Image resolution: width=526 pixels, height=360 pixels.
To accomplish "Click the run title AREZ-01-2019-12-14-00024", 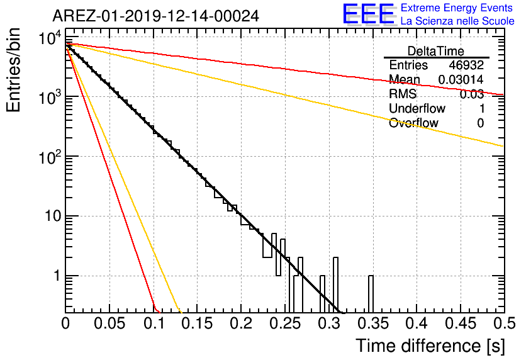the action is [155, 16].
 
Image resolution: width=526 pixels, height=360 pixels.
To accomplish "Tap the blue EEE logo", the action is [368, 14].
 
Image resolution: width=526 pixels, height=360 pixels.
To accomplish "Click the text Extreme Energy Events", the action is [457, 8].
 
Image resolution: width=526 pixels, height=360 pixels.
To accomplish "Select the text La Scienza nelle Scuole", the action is [457, 21].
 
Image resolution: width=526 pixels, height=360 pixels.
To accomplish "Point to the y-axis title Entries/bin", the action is [14, 70].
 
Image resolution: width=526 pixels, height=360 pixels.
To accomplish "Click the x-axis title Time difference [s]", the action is [430, 346].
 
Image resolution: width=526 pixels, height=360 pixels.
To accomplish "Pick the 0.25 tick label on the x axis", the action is [286, 323].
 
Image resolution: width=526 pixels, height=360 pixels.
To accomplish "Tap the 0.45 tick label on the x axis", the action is [461, 323].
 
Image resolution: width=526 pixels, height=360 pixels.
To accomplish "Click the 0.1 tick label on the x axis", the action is [154, 323].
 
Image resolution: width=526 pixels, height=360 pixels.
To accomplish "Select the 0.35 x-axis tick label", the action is [373, 323].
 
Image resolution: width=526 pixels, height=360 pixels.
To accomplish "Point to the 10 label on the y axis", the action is [53, 216].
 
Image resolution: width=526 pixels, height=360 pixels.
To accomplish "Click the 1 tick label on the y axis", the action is [57, 276].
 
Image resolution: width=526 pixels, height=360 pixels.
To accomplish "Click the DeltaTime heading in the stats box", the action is [436, 51].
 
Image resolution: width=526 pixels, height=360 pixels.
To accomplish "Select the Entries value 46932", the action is [466, 65].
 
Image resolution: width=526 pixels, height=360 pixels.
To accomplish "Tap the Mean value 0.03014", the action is [461, 79].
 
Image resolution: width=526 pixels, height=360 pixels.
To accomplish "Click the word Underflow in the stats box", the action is [417, 108].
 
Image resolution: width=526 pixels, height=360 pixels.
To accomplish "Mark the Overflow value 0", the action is [480, 123].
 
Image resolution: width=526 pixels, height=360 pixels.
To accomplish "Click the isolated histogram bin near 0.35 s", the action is [371, 295].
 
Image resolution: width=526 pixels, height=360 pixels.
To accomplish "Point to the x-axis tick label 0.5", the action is [505, 323].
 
